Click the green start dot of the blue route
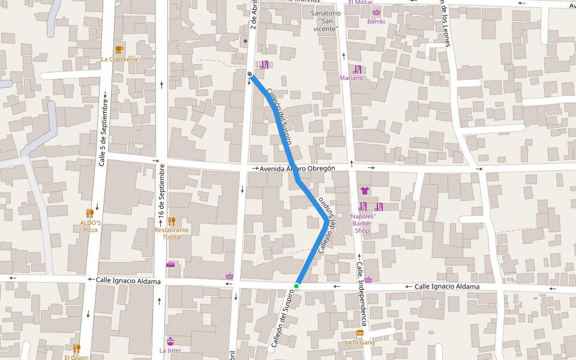[x=296, y=286]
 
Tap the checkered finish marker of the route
[x=250, y=74]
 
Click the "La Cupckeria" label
[x=119, y=59]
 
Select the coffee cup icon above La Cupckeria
[x=119, y=49]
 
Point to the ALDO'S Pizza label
[x=90, y=226]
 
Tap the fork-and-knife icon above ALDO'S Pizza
[x=90, y=213]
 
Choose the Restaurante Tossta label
[x=172, y=233]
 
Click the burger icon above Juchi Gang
[x=360, y=333]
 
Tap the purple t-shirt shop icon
[x=364, y=191]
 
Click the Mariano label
[x=352, y=78]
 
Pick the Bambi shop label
[x=376, y=22]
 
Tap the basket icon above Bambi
[x=376, y=12]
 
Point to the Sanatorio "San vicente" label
[x=326, y=21]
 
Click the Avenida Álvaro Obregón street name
[x=297, y=169]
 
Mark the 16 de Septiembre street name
[x=161, y=193]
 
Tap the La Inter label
[x=170, y=350]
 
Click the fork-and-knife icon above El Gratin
[x=76, y=347]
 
